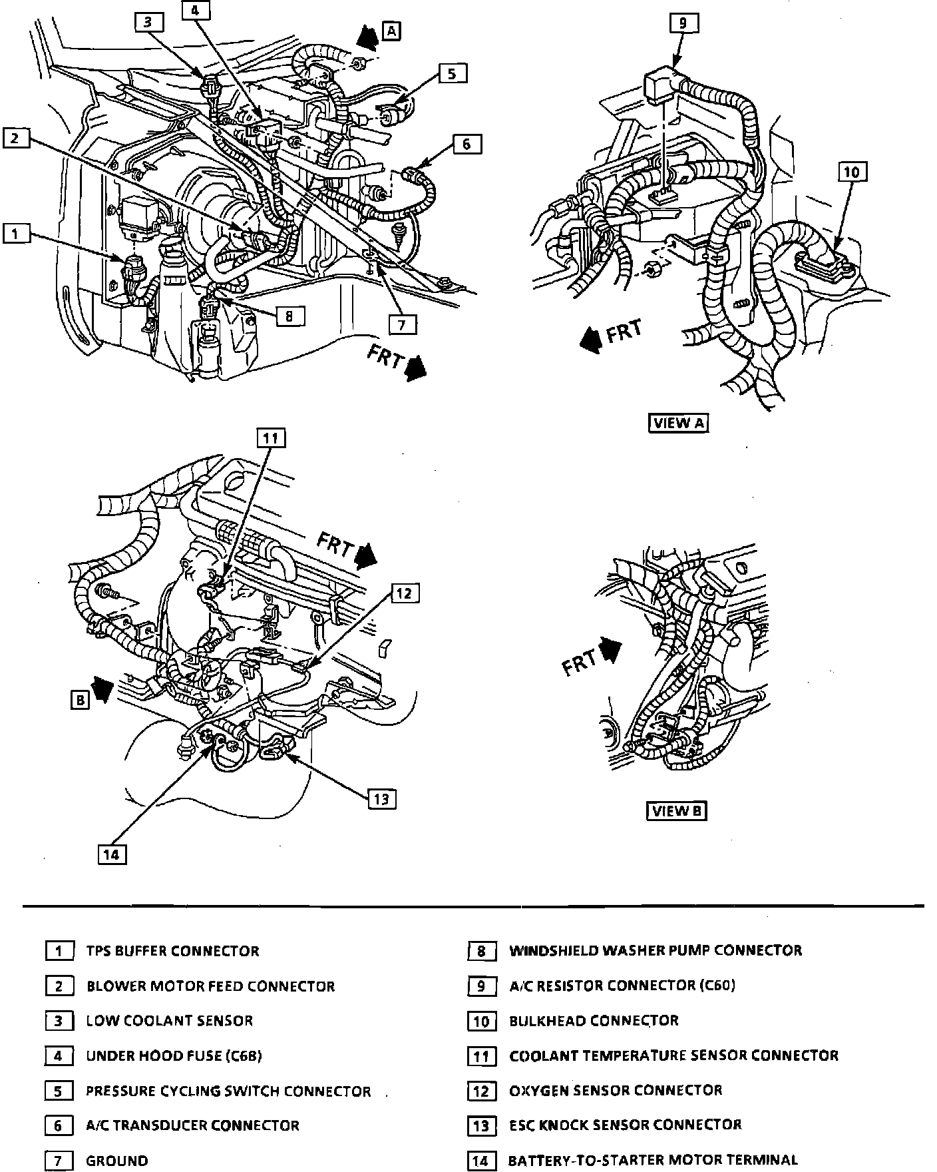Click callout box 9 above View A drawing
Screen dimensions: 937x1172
click(x=683, y=23)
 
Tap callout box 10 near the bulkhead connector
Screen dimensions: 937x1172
click(x=851, y=172)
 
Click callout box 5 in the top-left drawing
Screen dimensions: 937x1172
click(x=452, y=73)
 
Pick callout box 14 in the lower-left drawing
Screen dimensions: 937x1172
click(x=112, y=854)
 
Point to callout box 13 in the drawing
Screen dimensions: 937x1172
click(x=381, y=798)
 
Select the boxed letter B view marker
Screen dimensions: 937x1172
click(x=80, y=700)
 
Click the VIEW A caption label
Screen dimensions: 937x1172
click(x=678, y=423)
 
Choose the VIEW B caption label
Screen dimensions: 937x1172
click(x=676, y=810)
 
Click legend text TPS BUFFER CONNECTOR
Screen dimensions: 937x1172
click(x=173, y=951)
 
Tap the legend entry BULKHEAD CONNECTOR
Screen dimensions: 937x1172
click(x=594, y=1021)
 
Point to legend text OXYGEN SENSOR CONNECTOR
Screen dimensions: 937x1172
click(x=616, y=1091)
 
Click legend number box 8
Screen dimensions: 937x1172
click(x=482, y=951)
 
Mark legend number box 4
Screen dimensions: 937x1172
click(x=59, y=1056)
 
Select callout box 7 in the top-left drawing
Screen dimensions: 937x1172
click(x=403, y=324)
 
